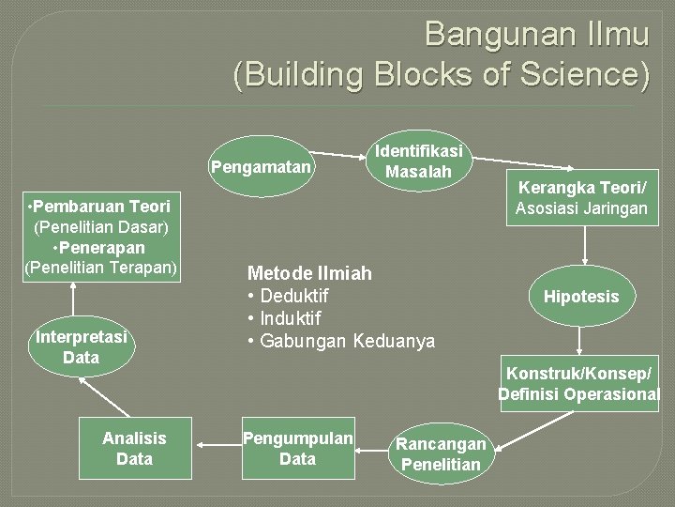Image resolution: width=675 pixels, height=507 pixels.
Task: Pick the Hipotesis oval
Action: click(x=581, y=297)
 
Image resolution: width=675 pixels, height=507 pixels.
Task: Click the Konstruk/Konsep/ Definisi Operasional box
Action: click(x=579, y=383)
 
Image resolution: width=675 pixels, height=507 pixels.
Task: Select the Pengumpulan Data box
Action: click(x=298, y=448)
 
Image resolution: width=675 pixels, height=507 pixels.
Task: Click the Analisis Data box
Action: click(x=134, y=448)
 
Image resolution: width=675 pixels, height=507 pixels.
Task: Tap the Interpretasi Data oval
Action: click(x=82, y=346)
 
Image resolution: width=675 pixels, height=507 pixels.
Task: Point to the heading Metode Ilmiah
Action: click(x=308, y=273)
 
